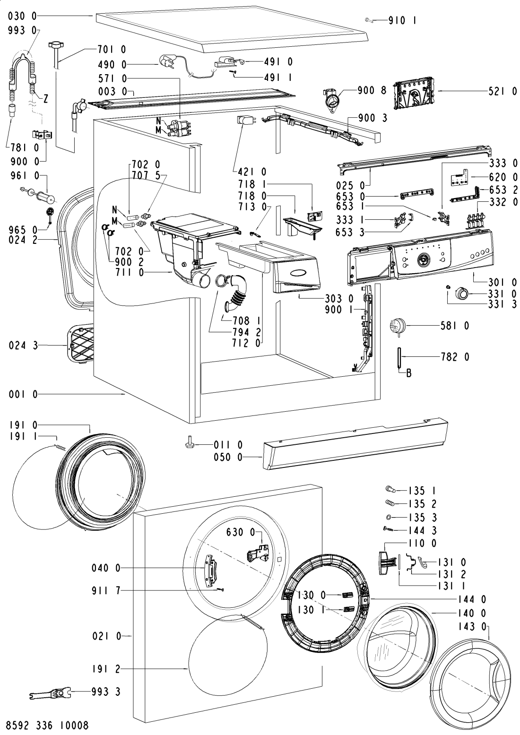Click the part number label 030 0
pos(22,17)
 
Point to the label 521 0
pos(502,93)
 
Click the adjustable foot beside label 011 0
pos(188,444)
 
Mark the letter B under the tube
pos(409,374)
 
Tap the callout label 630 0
pos(239,533)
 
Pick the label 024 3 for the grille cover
pos(22,346)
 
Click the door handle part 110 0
pos(385,562)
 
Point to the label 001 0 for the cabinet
pos(22,394)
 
